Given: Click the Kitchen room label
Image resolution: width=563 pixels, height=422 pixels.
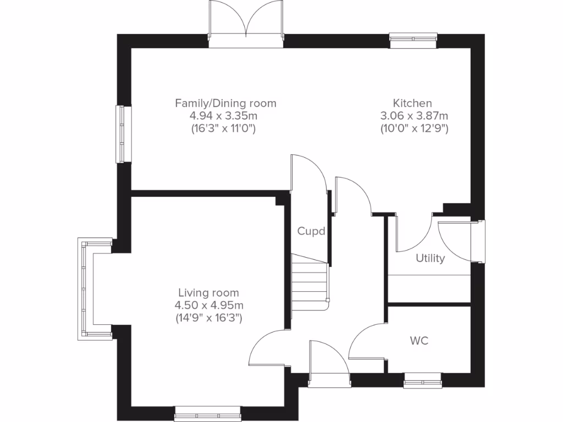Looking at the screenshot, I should pos(412,103).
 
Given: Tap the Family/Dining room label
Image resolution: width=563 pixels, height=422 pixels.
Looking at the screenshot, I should pos(225,103).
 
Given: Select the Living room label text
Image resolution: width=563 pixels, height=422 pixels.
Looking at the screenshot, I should pos(208,293).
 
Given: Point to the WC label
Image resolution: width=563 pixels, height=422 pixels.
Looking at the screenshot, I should pos(419,341).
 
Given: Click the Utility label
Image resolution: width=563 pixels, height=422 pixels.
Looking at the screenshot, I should pos(430,258).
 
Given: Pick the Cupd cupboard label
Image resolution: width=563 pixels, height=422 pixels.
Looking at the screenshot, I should pos(312,231).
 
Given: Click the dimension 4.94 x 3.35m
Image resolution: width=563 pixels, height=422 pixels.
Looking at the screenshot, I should pos(223,116).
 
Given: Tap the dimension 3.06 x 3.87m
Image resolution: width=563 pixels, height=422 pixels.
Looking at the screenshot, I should pos(414,116).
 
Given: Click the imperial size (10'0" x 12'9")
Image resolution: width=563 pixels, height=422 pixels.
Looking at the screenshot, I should pos(414,129).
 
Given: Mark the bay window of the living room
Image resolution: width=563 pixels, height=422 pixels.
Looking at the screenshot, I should pos(86,289).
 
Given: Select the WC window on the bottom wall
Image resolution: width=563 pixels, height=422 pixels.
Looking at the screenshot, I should pos(422,380).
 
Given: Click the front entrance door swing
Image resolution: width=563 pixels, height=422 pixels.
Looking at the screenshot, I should pos(328,360).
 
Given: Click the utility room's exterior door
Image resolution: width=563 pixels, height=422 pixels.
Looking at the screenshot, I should pos(460,241).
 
